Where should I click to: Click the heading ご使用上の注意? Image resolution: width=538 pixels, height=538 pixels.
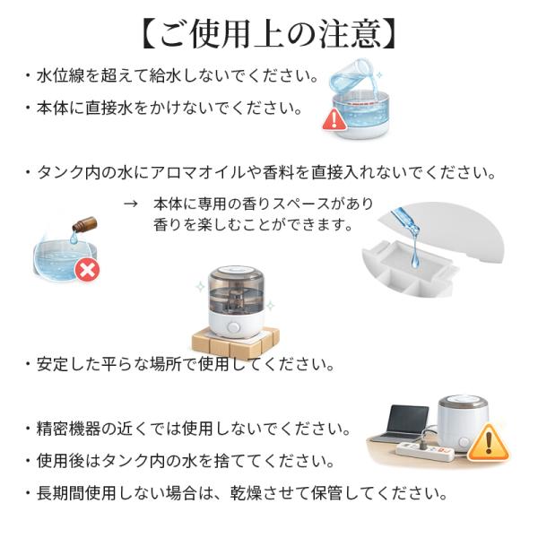coord(269,34)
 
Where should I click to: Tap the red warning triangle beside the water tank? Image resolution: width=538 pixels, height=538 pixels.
coord(334,119)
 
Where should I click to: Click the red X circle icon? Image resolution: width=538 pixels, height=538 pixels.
coord(87,270)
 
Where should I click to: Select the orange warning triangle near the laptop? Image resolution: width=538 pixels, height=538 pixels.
coord(489,442)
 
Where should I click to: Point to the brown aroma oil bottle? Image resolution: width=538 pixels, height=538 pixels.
coord(84,223)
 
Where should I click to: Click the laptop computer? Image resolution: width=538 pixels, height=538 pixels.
coord(402,424)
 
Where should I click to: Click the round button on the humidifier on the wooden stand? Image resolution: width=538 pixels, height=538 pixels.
coord(233,326)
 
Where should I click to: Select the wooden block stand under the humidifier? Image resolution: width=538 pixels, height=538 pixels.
coord(235,343)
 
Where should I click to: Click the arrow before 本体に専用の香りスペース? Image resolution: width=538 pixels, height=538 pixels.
coord(131,204)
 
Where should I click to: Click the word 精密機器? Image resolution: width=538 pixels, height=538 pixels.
coord(68,429)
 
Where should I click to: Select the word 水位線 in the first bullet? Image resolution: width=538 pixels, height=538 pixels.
coord(60,75)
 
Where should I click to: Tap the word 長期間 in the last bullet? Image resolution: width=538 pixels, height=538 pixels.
coord(60,493)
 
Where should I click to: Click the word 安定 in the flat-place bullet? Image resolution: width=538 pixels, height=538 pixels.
coord(52,364)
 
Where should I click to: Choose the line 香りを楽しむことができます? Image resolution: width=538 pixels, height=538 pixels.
coord(253,225)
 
